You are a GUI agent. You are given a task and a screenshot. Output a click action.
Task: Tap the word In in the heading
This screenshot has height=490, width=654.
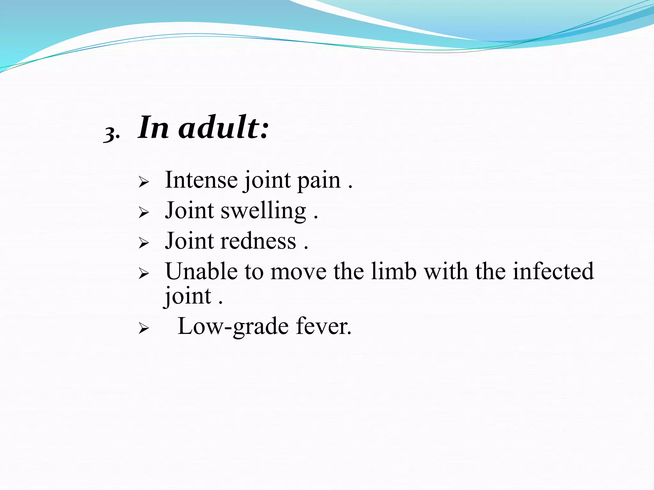[153, 128]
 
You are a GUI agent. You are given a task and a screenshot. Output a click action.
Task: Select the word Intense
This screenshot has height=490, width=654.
[201, 180]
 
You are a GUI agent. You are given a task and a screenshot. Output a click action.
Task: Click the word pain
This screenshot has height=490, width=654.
[319, 181]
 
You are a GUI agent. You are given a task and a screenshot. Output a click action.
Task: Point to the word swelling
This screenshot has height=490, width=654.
[263, 212]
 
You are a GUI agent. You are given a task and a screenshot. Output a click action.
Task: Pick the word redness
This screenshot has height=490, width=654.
[258, 241]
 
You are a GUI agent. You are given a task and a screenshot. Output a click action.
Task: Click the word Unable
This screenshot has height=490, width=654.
[202, 271]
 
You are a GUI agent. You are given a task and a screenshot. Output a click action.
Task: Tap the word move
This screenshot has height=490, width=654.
[298, 272]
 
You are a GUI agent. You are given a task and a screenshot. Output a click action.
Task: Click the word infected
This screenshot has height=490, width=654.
[553, 271]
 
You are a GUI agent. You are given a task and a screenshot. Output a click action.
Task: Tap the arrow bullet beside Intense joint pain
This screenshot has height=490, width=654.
[144, 182]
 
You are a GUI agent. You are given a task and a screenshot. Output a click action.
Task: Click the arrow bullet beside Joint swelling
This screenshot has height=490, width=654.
[144, 212]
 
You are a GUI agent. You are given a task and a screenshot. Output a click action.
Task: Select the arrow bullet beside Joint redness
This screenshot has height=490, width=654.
[144, 243]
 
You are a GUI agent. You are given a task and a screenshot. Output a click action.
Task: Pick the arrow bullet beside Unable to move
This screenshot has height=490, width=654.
[144, 273]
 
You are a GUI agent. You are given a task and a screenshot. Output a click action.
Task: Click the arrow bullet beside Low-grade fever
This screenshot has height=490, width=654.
[144, 328]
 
